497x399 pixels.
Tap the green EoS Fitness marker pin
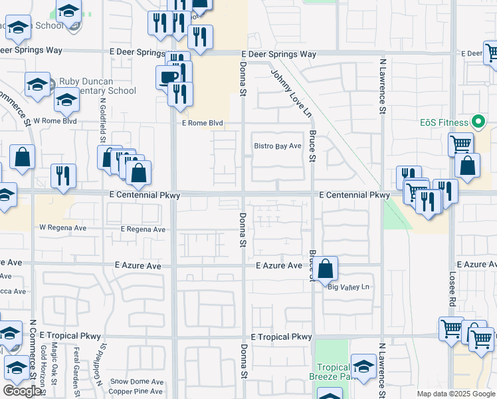click(x=477, y=122)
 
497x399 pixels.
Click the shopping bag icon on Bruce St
click(x=326, y=269)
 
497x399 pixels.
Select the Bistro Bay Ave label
click(x=278, y=146)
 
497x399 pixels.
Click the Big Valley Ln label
click(x=348, y=287)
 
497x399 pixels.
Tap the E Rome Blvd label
click(x=202, y=123)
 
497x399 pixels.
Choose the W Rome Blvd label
click(x=55, y=121)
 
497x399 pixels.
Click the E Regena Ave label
click(x=143, y=229)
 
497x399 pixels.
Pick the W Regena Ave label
click(x=63, y=227)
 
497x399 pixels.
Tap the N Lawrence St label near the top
click(x=383, y=84)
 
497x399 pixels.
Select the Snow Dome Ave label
click(x=137, y=382)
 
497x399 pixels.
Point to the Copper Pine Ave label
click(x=137, y=392)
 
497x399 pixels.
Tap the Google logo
click(x=22, y=391)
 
